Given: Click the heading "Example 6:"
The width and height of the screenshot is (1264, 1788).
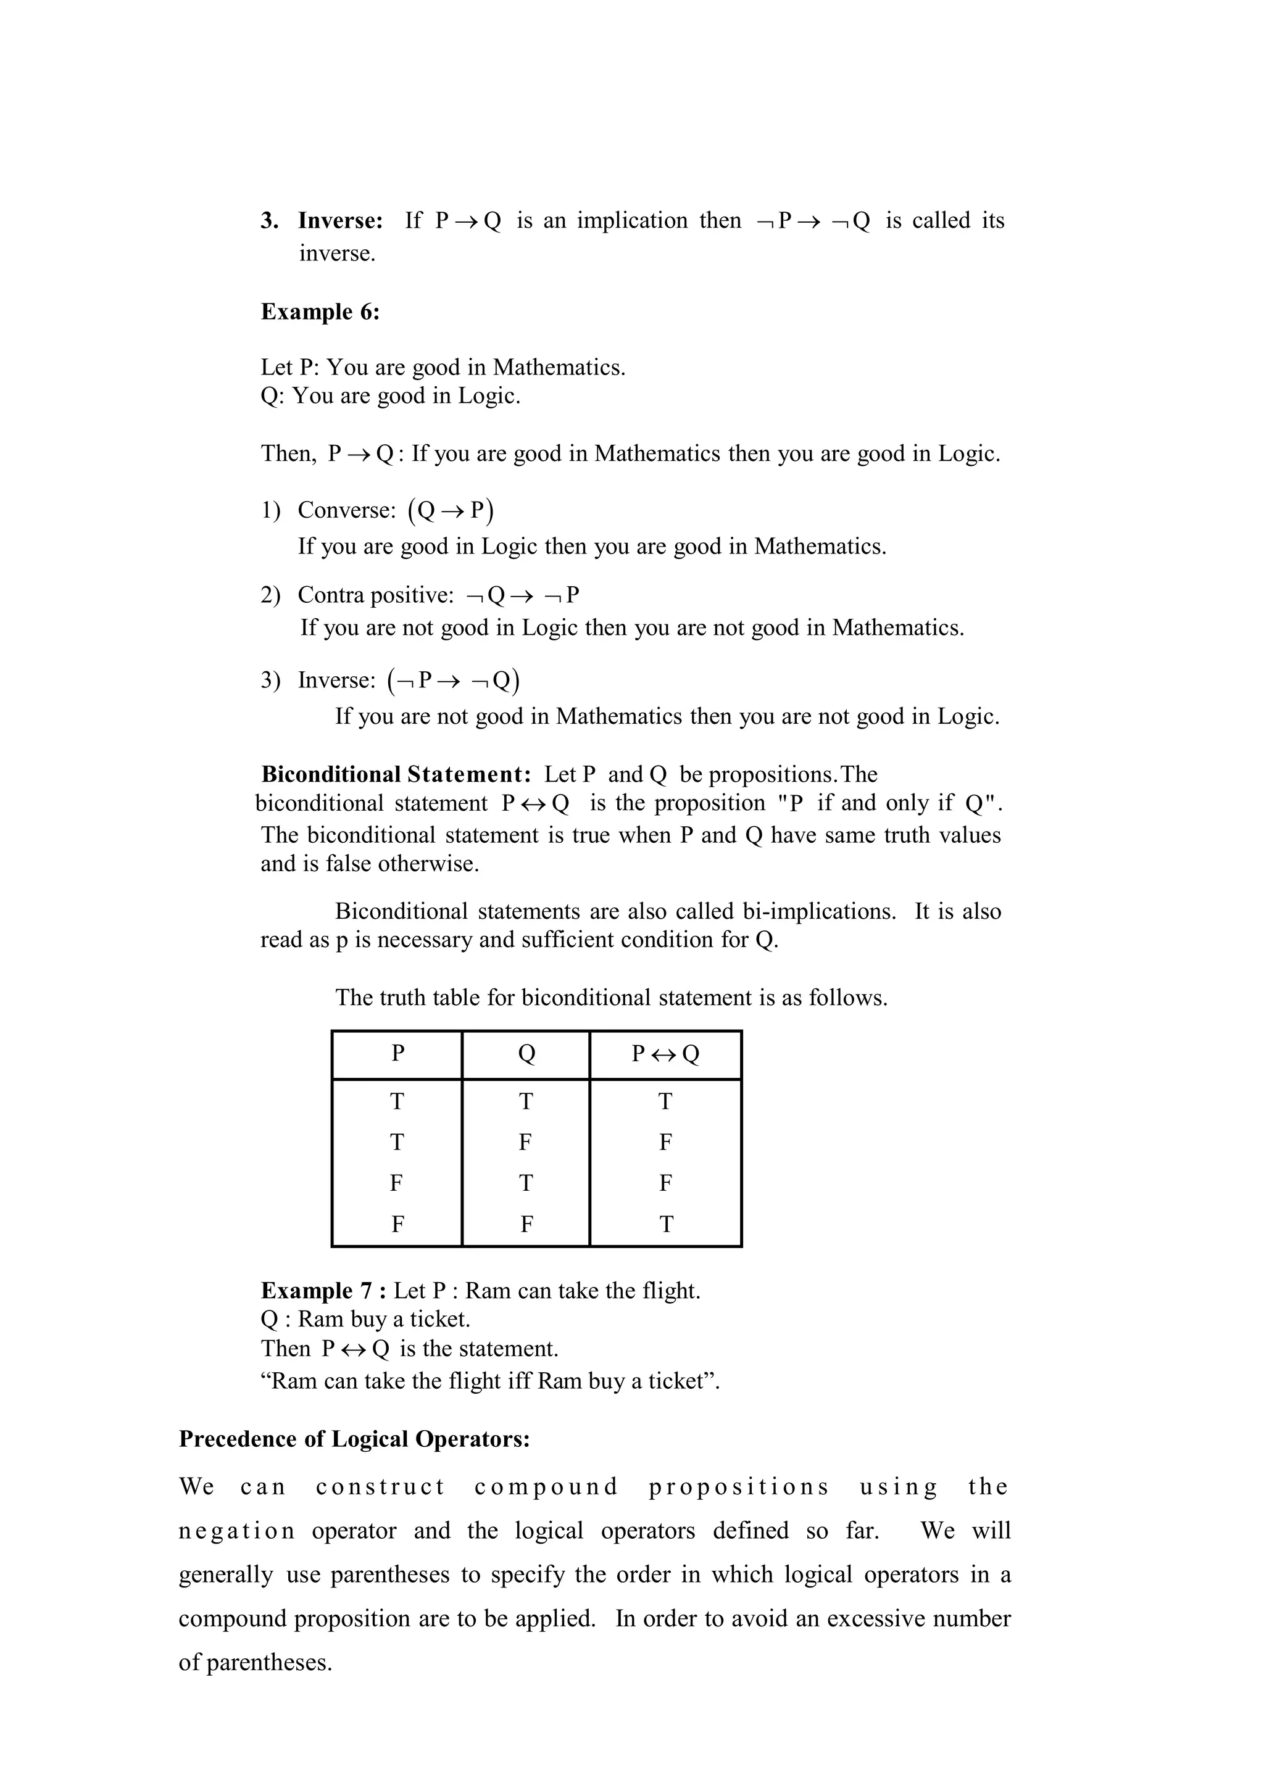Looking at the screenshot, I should pos(320,312).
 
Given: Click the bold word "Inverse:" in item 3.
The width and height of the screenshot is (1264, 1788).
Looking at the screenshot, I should pos(340,221).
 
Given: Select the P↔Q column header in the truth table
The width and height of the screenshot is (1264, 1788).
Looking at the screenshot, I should pos(665,1054).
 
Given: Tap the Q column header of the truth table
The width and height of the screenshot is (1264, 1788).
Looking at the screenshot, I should pos(526,1054).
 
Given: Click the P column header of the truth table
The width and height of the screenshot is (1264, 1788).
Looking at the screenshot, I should pos(397,1054).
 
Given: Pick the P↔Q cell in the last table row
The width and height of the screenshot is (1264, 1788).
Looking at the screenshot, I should pos(666,1225).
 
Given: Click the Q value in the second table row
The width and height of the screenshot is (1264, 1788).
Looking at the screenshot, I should pos(526,1143).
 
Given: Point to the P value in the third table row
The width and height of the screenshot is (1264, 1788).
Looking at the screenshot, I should pos(396,1184).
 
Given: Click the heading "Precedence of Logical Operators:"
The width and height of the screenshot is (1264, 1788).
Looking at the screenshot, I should pos(354,1439).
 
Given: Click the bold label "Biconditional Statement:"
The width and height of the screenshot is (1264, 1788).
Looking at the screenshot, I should pos(396,775).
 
